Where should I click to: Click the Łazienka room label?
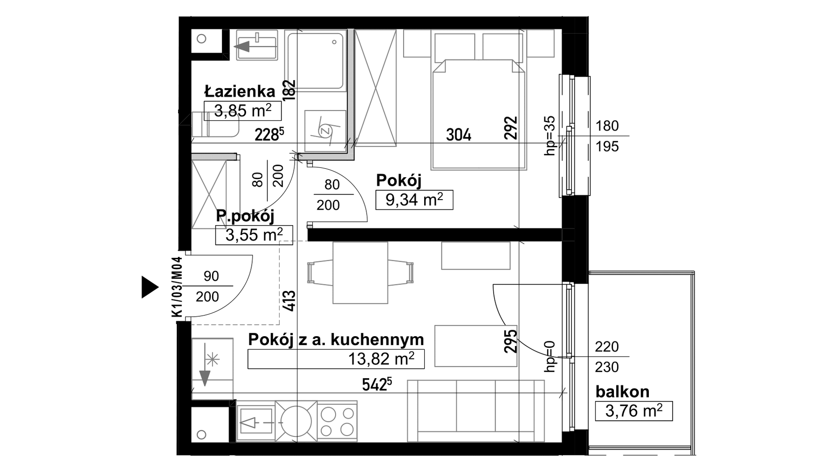click(x=240, y=91)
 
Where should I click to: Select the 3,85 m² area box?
click(x=243, y=111)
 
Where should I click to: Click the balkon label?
click(x=622, y=392)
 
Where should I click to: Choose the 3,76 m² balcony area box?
click(x=634, y=411)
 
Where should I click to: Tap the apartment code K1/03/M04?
click(x=177, y=287)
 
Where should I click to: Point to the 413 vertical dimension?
click(x=289, y=301)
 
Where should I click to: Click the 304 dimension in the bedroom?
click(x=459, y=135)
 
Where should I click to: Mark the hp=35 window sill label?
click(x=550, y=135)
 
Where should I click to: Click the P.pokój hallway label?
click(x=245, y=216)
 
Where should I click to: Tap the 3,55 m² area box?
click(x=254, y=235)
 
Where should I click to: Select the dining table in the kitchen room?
click(x=360, y=273)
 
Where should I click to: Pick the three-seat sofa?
click(x=476, y=411)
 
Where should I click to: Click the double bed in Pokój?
click(x=479, y=114)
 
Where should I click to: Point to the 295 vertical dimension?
click(x=511, y=341)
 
